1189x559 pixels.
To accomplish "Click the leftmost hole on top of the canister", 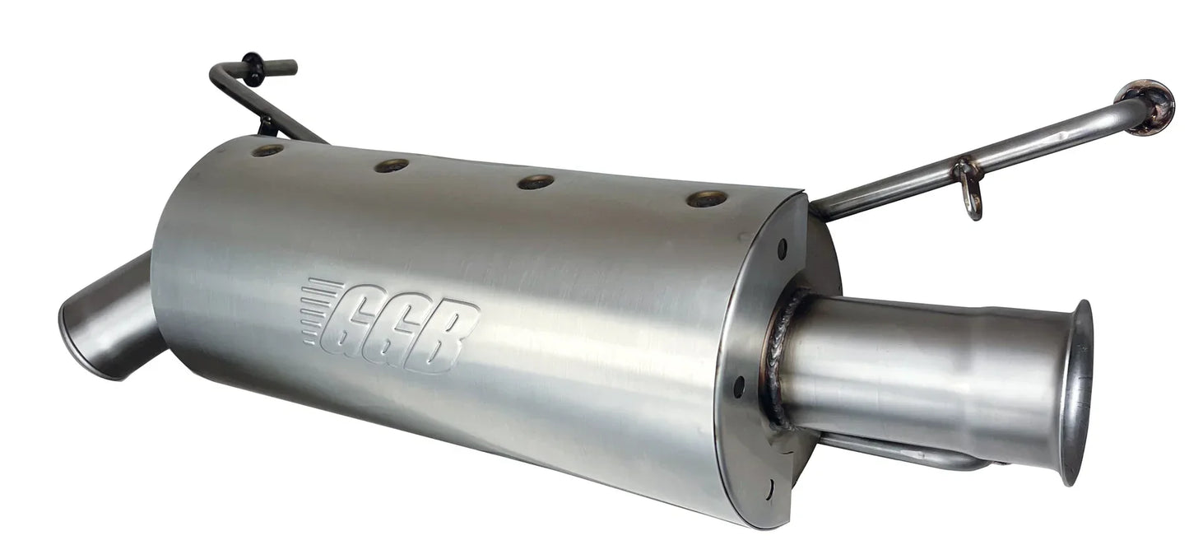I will click(267, 150).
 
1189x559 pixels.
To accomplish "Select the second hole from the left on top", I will click(392, 165).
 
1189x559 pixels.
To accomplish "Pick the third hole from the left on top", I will click(535, 182).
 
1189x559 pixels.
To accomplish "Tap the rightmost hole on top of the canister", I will click(707, 198).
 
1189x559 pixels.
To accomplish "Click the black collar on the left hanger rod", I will click(252, 68).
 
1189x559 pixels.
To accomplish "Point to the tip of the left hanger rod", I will click(288, 65).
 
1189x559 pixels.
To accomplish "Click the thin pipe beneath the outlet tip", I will click(905, 453).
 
